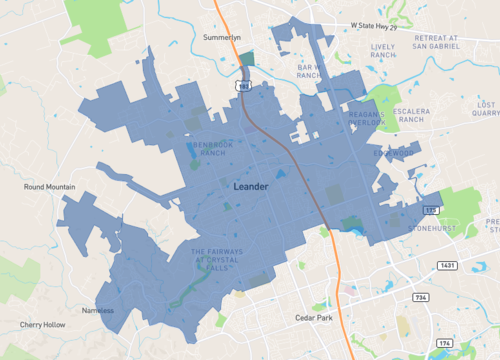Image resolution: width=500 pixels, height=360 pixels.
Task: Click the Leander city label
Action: [251, 187]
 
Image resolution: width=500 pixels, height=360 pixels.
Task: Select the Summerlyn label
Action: [223, 37]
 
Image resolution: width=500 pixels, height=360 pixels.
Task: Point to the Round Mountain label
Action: [50, 186]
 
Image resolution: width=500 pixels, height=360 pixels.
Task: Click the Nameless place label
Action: [98, 310]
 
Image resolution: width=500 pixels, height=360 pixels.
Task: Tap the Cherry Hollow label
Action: [41, 325]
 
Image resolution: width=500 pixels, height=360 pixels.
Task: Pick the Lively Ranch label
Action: [383, 51]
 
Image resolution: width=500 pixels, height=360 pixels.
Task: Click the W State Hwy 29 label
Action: [353, 27]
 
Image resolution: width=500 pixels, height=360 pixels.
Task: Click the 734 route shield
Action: [422, 297]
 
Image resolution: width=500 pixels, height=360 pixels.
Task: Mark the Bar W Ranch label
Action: [307, 70]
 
